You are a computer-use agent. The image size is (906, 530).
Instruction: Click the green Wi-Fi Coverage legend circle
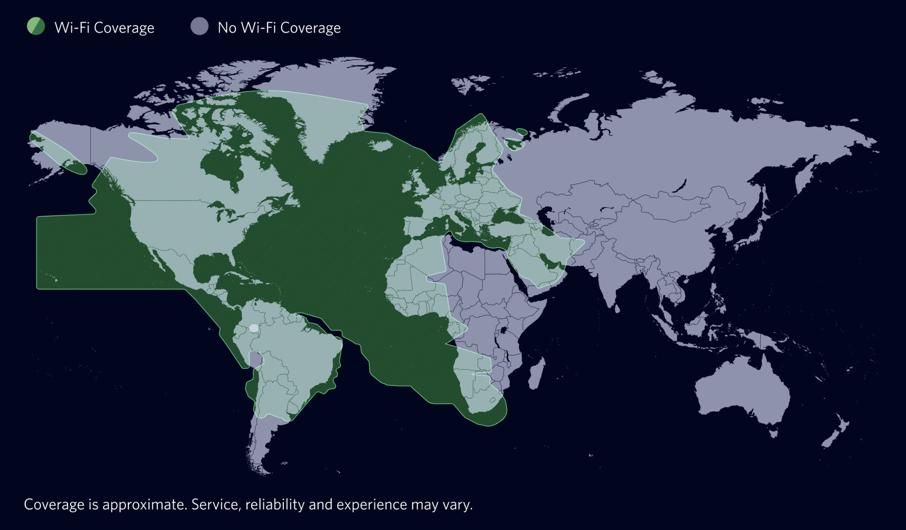coord(36,27)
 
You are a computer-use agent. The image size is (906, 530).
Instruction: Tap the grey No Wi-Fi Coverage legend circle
coord(200,27)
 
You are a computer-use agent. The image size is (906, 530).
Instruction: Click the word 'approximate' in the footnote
coord(144,504)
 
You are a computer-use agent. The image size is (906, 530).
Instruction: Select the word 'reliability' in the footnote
coord(275,504)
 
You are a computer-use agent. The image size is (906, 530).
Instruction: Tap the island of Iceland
coord(382,146)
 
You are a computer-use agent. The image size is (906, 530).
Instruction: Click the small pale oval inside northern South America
coord(254,328)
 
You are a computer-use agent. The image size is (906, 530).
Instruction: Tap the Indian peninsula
coord(610,279)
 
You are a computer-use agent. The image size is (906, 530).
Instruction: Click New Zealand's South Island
coord(831,438)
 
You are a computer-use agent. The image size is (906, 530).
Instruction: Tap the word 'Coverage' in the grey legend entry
coord(310,28)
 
